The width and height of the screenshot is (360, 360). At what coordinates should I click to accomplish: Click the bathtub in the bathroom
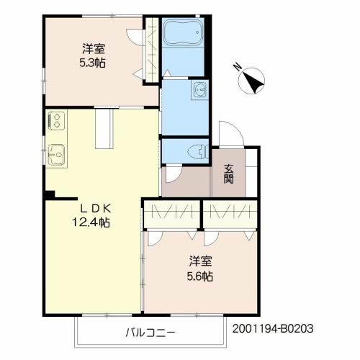coord(183,32)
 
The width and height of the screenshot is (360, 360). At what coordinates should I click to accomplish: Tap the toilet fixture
coord(198,152)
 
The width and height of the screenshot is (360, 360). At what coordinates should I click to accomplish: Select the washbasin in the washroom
coord(199,90)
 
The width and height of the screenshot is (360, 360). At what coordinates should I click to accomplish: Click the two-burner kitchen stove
coord(57,121)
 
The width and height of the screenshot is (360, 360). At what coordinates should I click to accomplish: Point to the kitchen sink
coord(57,155)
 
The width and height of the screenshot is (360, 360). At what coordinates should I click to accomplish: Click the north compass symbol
coord(251,81)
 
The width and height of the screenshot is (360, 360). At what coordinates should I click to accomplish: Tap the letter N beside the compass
coord(238,66)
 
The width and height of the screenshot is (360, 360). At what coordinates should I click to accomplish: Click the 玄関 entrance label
coord(228,174)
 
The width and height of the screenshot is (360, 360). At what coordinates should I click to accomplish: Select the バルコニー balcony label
coord(150,333)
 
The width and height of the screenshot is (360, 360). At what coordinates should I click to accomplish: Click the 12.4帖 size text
coord(91,222)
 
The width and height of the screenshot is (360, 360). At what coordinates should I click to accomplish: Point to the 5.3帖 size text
coord(92,63)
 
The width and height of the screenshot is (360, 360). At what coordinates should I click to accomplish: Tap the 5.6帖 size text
coord(200,276)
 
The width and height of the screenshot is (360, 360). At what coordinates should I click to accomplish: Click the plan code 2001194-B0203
coord(273,328)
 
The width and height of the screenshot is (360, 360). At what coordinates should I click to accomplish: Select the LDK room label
coord(95,209)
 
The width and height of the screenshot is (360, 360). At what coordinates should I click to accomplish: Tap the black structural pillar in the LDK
coord(50,194)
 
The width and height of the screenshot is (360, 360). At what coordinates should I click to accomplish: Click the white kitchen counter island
coord(104,129)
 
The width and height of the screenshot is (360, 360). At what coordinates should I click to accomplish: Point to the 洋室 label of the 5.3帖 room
coord(94,49)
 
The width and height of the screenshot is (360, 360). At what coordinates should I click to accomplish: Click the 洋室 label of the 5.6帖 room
coord(200,261)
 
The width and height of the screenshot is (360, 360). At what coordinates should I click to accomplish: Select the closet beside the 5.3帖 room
coord(152,50)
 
